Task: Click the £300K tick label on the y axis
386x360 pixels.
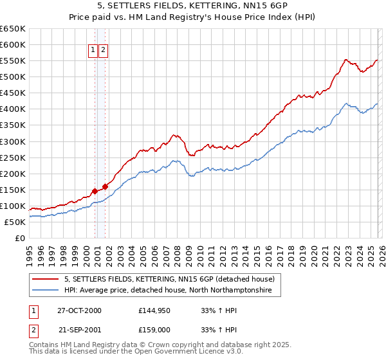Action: point(13,141)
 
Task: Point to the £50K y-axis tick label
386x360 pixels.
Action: point(15,222)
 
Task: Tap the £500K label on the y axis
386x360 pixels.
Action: point(13,76)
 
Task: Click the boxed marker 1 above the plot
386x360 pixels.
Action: point(93,51)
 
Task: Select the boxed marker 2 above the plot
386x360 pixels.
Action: point(103,51)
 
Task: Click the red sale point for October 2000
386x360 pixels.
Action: point(95,191)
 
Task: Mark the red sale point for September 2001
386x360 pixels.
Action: point(105,186)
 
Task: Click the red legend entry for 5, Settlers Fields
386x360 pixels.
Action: point(169,279)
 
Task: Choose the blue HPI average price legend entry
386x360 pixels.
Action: point(168,291)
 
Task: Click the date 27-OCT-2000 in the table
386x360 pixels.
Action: point(80,310)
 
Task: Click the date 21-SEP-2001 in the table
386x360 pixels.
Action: point(80,328)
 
